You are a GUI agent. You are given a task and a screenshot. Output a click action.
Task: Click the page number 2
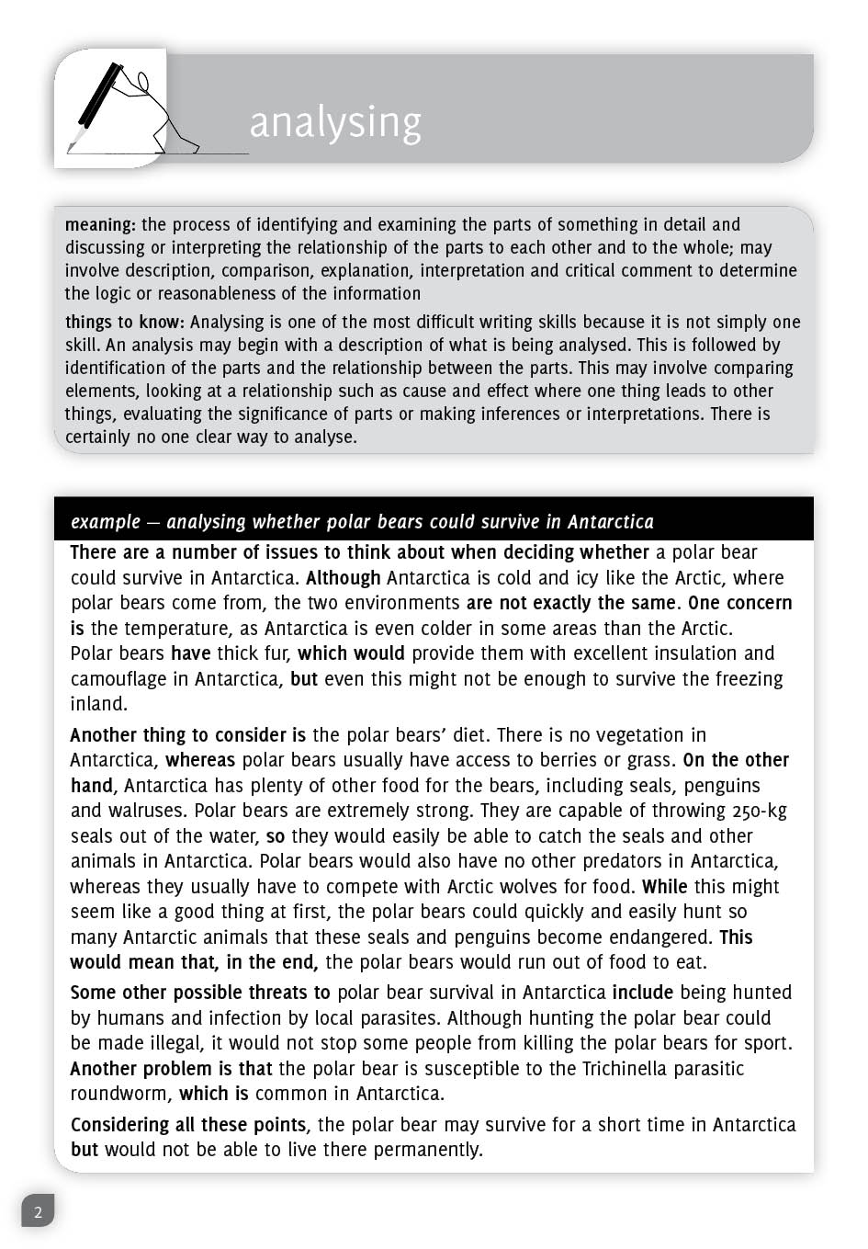[x=38, y=1211]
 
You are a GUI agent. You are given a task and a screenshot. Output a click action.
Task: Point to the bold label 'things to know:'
[x=125, y=322]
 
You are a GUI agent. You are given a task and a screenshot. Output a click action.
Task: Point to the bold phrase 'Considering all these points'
[x=188, y=1125]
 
